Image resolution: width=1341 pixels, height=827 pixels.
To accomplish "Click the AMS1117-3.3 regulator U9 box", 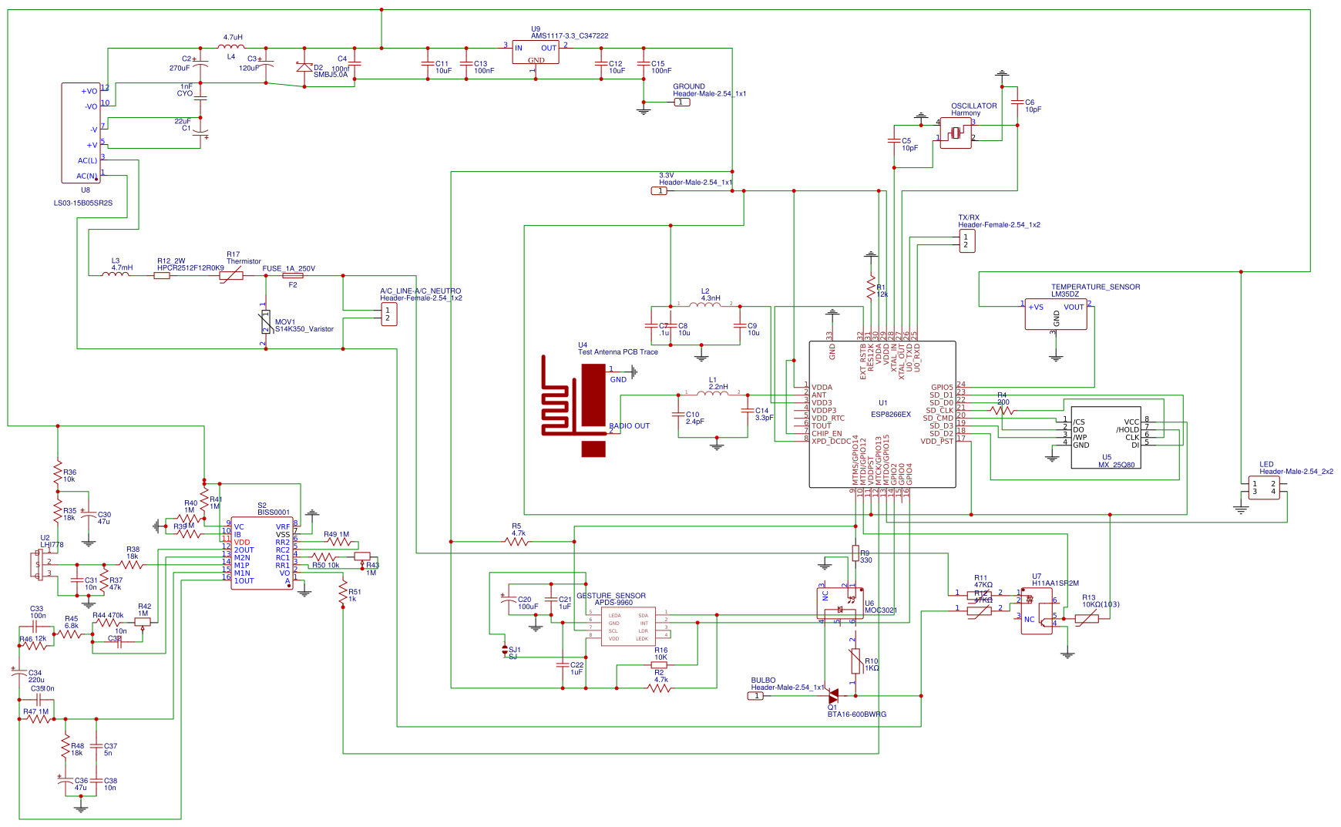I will [x=536, y=53].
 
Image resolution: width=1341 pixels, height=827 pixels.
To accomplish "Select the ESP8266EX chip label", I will [x=890, y=414].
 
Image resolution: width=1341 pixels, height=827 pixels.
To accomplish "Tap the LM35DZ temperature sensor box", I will [x=1055, y=314].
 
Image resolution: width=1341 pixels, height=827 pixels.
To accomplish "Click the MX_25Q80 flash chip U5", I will [x=1105, y=437].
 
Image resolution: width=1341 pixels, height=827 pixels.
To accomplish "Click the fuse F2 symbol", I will [x=293, y=275].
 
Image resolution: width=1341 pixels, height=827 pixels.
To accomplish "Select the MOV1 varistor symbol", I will [x=265, y=323].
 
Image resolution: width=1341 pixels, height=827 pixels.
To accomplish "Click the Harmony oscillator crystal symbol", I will [x=956, y=133].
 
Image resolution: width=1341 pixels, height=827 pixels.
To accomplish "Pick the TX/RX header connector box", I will [x=967, y=240].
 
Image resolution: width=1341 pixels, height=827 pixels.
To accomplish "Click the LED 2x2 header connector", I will [x=1264, y=487].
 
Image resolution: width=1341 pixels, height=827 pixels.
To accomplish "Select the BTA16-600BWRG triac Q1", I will [x=832, y=695].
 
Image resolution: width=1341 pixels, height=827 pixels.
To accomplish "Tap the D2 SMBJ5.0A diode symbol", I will [x=304, y=67].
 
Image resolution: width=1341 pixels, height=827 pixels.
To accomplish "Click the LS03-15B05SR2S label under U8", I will [x=83, y=203].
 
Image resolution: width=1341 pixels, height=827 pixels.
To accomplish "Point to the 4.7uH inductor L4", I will [x=231, y=47].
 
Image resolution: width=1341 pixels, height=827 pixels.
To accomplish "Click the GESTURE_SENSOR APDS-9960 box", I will [x=627, y=626].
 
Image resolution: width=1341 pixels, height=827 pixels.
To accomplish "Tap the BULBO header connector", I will [x=757, y=695].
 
